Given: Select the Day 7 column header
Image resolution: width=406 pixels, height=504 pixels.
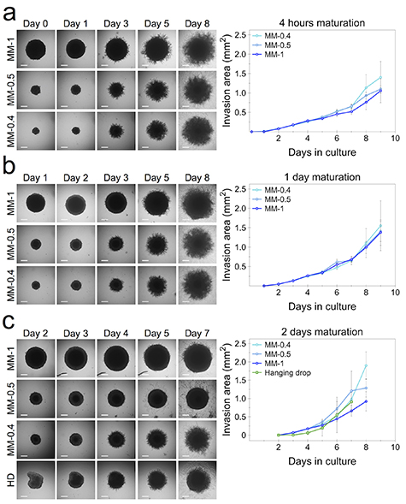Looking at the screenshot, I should pos(197,333).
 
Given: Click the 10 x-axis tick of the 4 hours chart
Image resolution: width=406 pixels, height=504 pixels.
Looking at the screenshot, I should pos(391,140).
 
